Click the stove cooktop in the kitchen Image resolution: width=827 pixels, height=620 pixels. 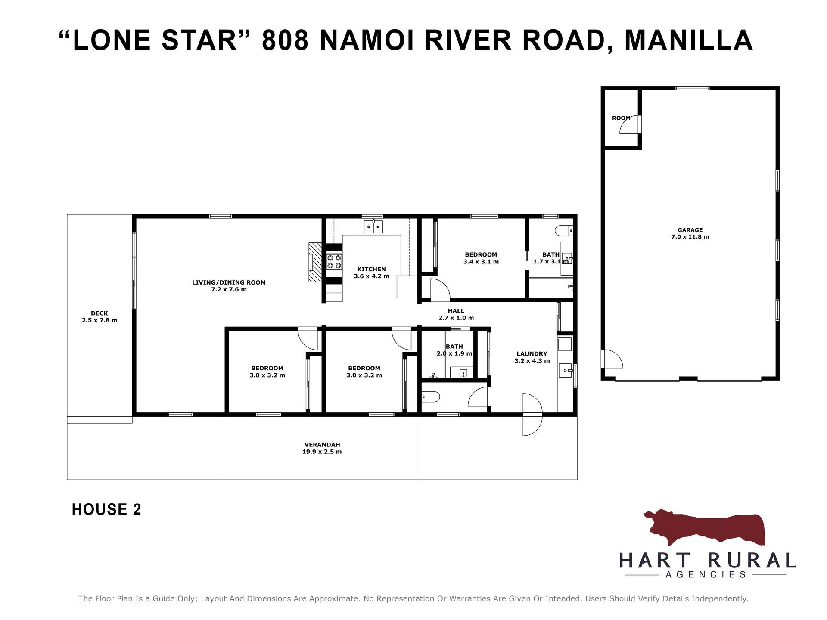tap(334, 262)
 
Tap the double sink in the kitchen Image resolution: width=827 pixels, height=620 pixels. tap(373, 226)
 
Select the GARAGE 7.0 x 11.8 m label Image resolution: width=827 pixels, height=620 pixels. tap(690, 233)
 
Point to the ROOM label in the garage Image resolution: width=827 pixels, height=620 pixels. tap(621, 118)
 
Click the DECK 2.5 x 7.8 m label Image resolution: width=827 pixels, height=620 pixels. tap(99, 317)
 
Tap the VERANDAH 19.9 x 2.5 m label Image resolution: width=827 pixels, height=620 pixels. tap(322, 448)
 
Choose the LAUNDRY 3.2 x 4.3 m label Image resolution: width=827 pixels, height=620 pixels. tap(532, 357)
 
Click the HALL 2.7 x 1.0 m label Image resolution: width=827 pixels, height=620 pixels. tap(456, 314)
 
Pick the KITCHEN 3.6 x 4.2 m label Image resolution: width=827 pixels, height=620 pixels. tap(371, 273)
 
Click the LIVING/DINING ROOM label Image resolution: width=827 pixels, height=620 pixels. tap(229, 282)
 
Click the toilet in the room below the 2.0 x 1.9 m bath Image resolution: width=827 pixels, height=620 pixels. tap(430, 397)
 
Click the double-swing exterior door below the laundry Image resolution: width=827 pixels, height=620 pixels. tap(532, 415)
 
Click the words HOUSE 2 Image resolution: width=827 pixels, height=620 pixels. tap(106, 509)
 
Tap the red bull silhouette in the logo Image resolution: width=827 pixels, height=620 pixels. tap(704, 527)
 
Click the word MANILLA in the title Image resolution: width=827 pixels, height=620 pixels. tap(688, 40)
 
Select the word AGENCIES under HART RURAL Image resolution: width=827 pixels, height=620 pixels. tap(706, 574)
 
